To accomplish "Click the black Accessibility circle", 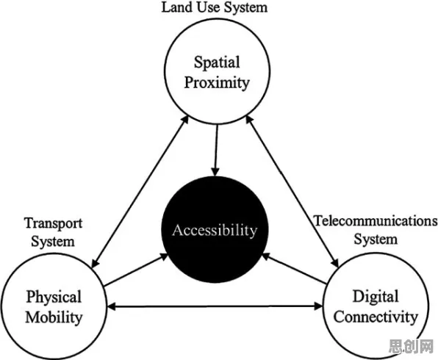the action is coord(215,229).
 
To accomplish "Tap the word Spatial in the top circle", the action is coord(217,62).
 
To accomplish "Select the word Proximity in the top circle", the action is coord(217,83).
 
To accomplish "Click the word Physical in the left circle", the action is coord(54,297).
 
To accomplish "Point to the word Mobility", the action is coord(54,317).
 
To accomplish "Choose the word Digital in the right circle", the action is coord(376,297).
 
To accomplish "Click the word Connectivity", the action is coord(376,317).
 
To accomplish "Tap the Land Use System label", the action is coord(215,7).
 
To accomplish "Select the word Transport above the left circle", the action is coord(54,223).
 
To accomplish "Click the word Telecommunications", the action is coord(376,220).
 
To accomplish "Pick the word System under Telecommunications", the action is coord(376,239).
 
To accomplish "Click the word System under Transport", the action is coord(53,241).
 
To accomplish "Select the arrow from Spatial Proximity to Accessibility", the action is coord(216,151).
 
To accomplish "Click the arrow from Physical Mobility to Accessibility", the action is coord(136,270).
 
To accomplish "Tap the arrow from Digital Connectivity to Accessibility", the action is coord(294,269).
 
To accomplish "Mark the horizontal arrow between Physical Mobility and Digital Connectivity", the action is coord(215,306).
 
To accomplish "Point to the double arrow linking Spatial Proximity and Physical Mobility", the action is coord(140,192).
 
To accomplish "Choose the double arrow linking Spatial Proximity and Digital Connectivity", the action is coord(292,192).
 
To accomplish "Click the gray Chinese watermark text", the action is coord(412,346).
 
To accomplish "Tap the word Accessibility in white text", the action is coord(215,231).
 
